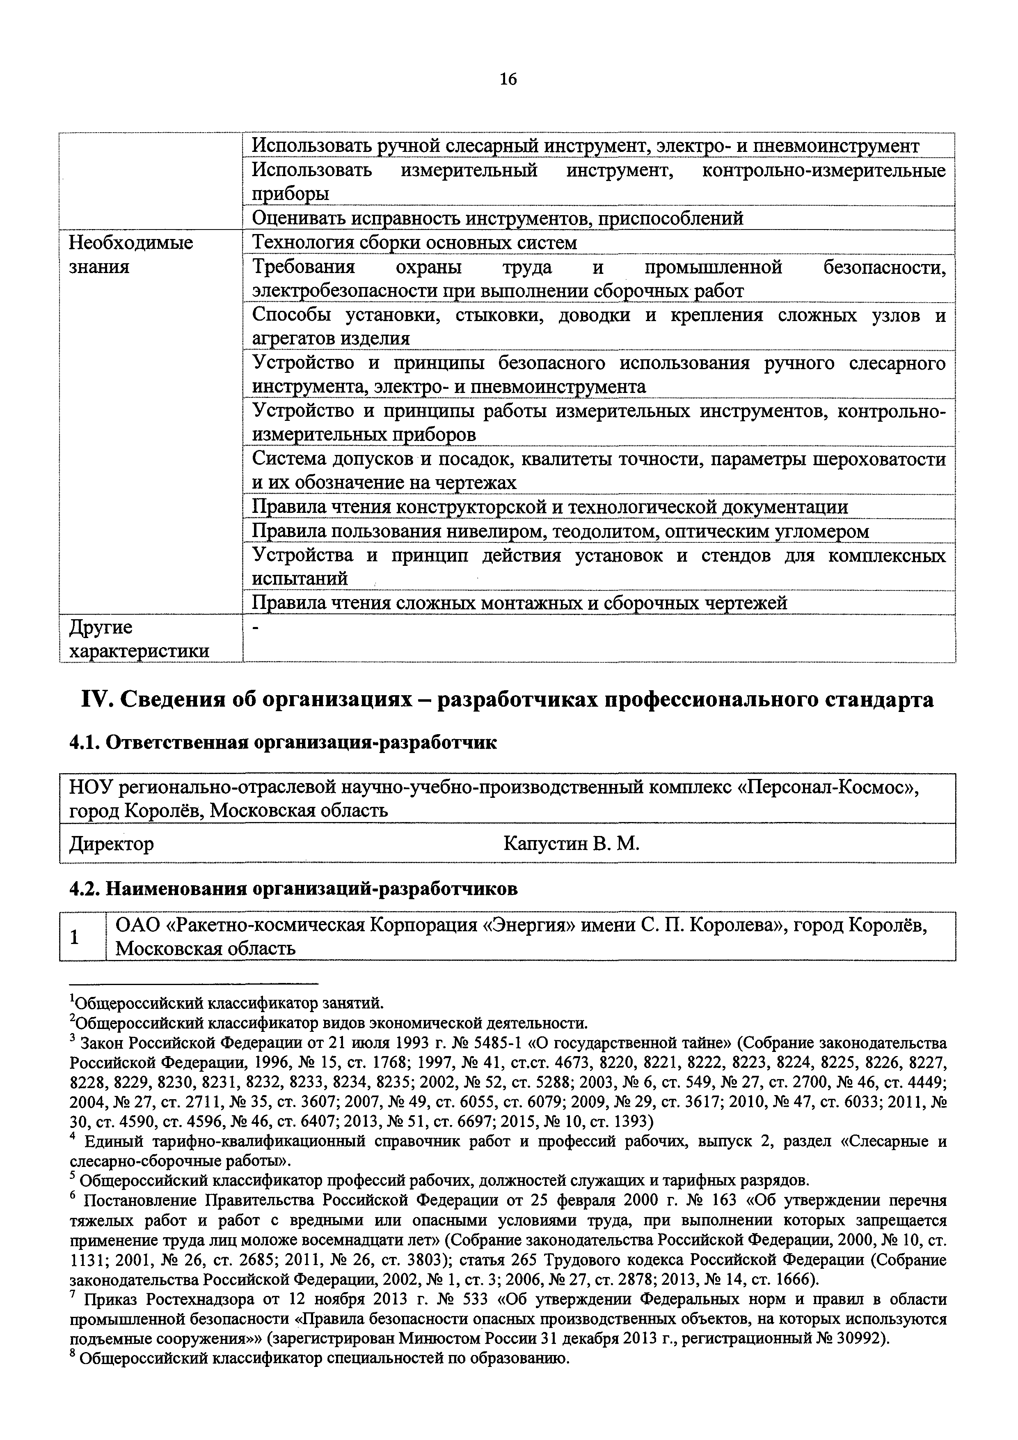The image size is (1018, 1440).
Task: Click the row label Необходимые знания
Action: (x=130, y=254)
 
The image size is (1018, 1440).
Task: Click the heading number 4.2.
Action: (x=84, y=889)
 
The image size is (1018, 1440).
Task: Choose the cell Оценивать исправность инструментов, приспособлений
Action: (x=497, y=218)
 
